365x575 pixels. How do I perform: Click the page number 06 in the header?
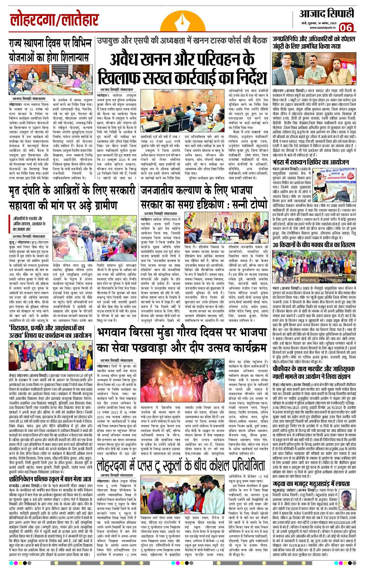coord(346,28)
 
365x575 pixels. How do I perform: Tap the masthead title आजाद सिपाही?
coord(326,14)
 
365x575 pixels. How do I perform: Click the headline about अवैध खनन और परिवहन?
coord(182,68)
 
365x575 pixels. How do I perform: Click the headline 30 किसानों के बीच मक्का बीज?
coord(314,245)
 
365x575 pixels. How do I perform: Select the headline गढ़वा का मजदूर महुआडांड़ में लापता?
coord(311,484)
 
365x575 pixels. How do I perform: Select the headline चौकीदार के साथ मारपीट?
coord(314,372)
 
